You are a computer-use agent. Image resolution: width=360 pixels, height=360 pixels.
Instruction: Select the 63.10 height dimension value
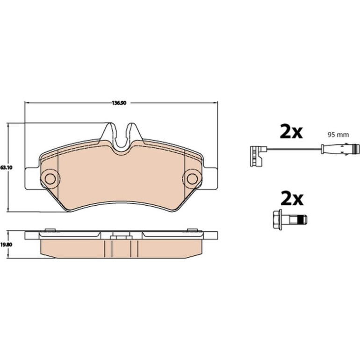[7, 167]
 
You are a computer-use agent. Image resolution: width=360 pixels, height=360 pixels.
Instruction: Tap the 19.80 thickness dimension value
[7, 245]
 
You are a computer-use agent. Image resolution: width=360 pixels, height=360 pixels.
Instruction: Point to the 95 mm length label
[338, 135]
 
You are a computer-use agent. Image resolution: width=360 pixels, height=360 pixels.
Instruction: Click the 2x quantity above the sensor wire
[291, 131]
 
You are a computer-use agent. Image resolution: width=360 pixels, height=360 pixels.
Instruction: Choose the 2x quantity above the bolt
[292, 198]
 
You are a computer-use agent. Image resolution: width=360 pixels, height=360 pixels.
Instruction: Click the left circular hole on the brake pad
[50, 178]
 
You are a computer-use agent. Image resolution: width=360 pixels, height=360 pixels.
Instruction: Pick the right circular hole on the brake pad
[192, 178]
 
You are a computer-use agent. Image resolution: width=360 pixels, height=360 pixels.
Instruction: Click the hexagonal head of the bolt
[278, 219]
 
